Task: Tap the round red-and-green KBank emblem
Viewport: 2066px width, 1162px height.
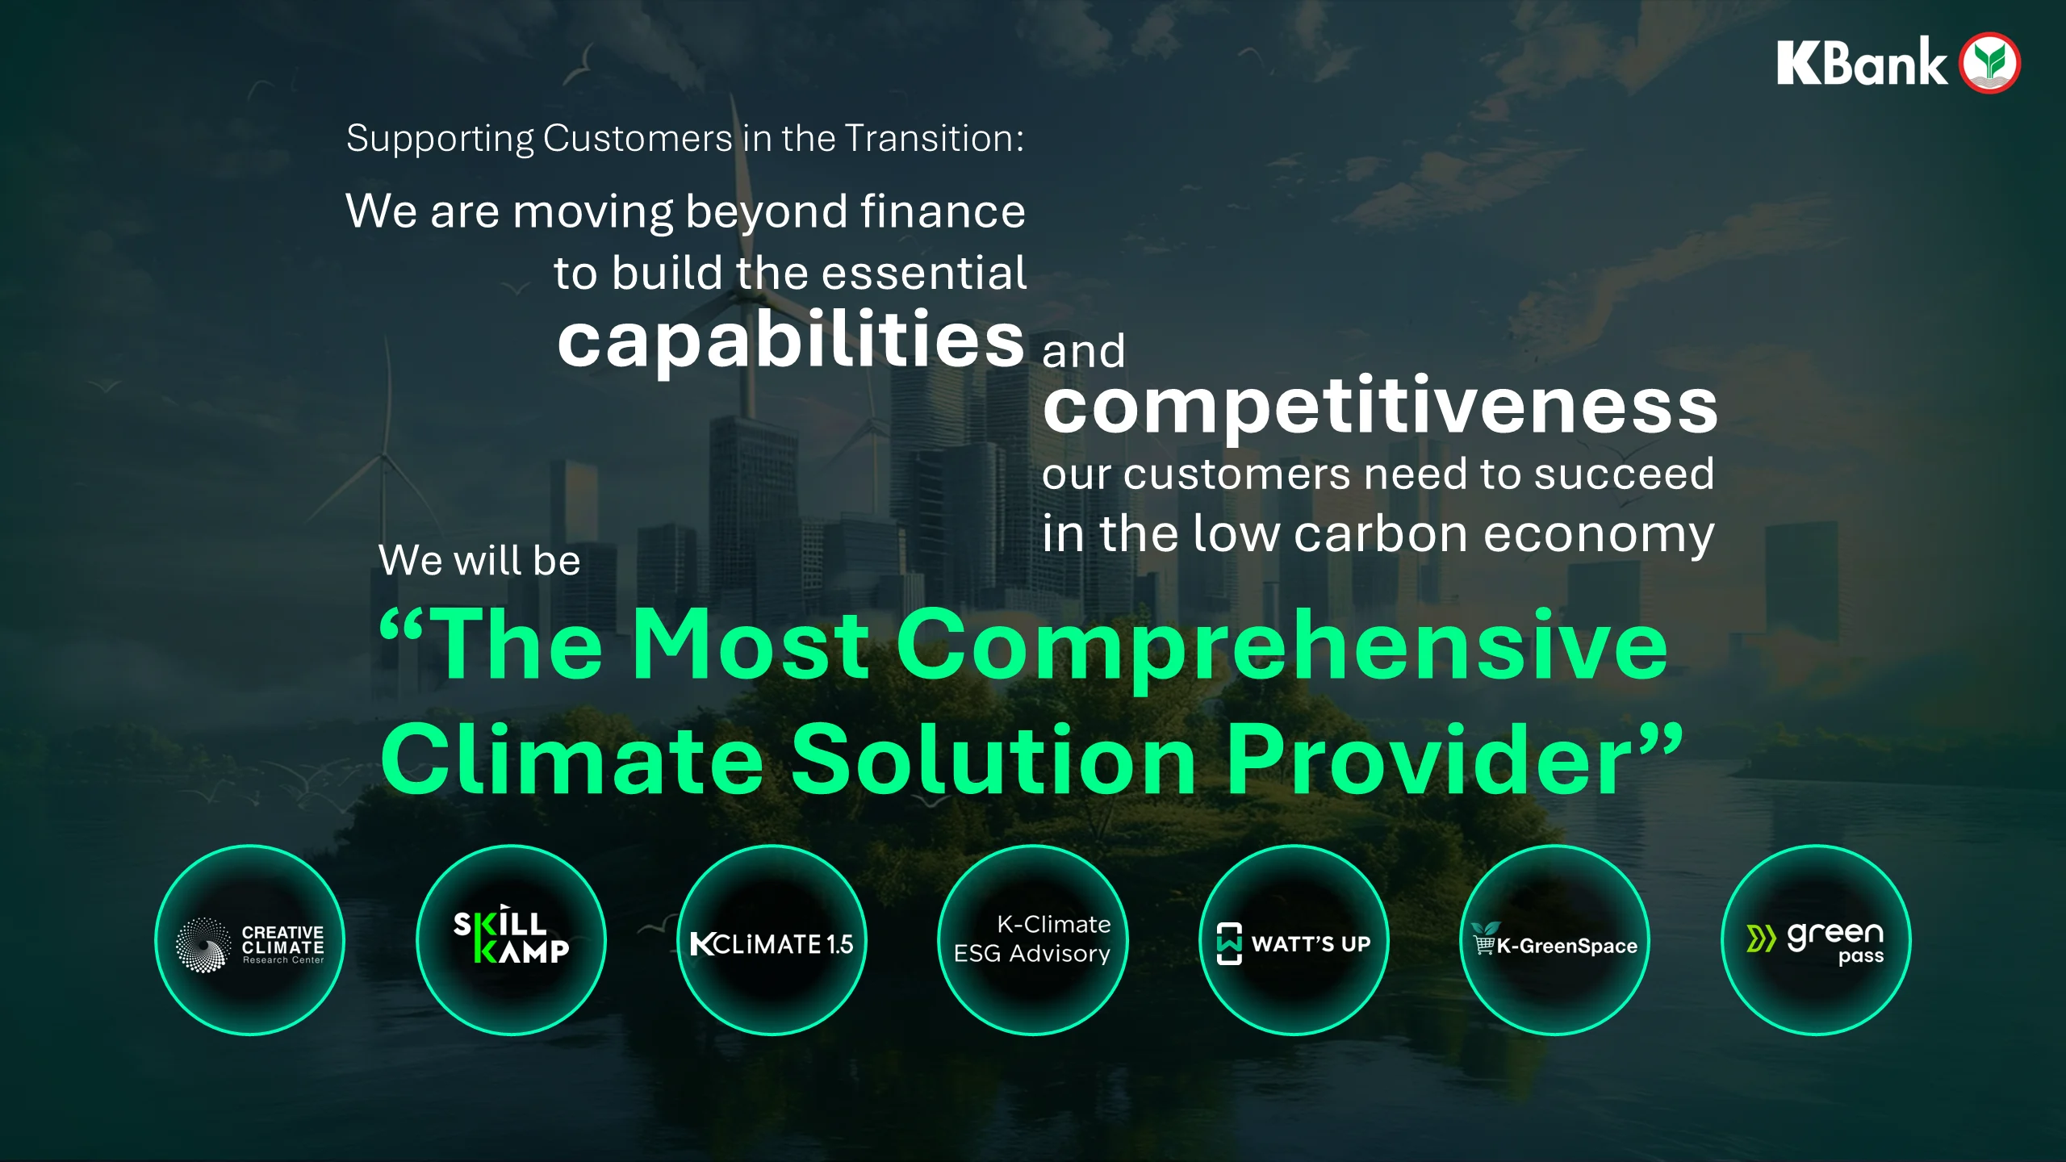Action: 1991,63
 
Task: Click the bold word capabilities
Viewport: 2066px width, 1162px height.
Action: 791,340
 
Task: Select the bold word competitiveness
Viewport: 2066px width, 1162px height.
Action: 1380,406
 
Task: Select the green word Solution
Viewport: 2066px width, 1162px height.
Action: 994,759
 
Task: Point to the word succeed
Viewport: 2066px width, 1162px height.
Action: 1624,474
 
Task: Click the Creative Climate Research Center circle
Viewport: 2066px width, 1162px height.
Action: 250,940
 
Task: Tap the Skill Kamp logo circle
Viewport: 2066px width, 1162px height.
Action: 511,940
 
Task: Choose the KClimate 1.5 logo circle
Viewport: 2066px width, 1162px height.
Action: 772,940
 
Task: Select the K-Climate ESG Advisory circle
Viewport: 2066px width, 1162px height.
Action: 1033,940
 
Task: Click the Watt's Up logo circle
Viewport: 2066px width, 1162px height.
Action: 1294,940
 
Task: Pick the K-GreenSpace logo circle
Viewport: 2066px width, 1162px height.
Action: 1555,940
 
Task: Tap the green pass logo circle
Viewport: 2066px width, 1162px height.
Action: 1817,940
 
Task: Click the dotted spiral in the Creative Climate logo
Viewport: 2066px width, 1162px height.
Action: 203,944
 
